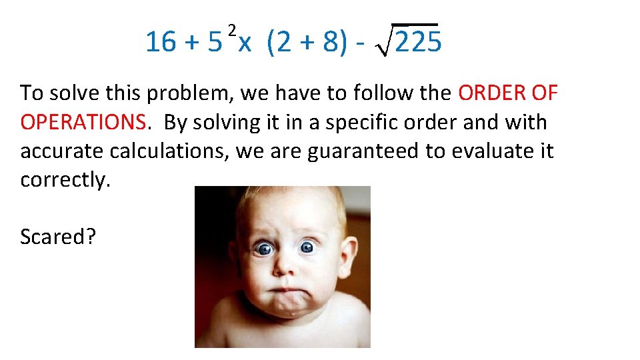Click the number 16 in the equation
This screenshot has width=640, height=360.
point(160,43)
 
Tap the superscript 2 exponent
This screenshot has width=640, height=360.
point(232,29)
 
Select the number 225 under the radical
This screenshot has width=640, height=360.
point(418,43)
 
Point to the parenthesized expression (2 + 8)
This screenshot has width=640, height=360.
point(307,43)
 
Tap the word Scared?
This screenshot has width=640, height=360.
point(58,236)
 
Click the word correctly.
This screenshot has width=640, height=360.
point(65,180)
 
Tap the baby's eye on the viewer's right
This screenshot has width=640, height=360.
point(307,247)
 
